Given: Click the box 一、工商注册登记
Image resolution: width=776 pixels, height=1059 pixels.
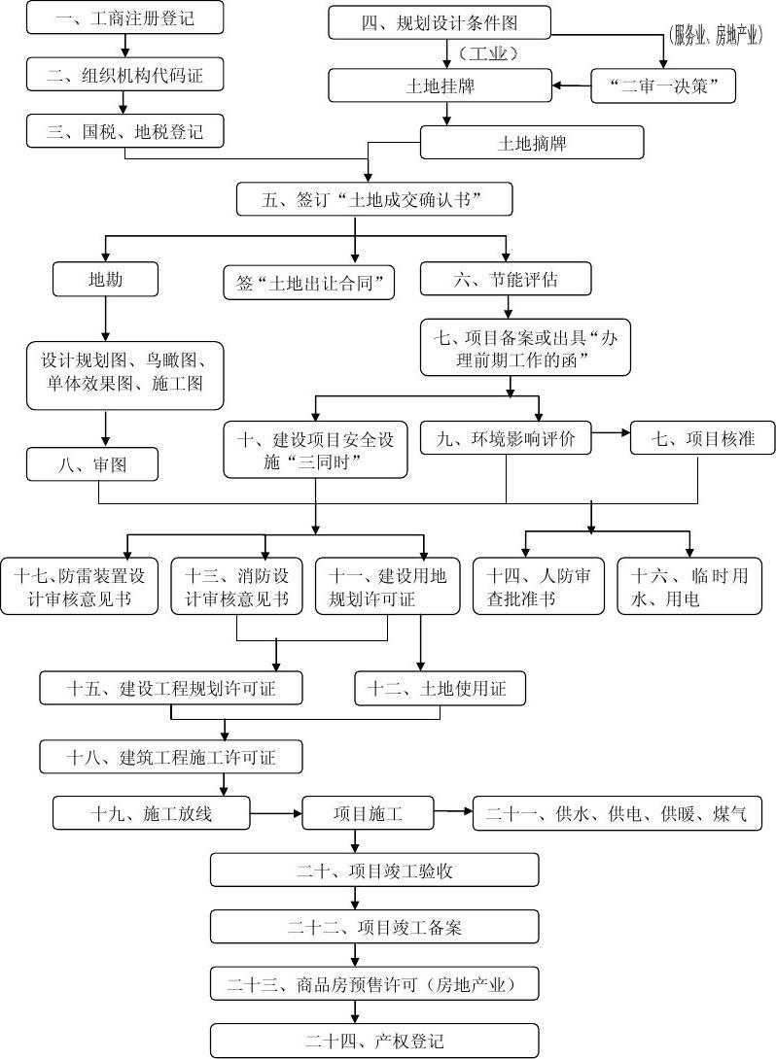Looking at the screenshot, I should pyautogui.click(x=124, y=18).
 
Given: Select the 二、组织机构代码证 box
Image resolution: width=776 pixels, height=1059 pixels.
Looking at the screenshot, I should pyautogui.click(x=124, y=74).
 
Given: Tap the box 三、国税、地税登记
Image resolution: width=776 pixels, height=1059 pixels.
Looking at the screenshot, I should pyautogui.click(x=124, y=131).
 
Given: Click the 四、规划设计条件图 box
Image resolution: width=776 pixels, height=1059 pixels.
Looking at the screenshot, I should pyautogui.click(x=440, y=23).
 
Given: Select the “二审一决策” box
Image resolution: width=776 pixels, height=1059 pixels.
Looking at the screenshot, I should pyautogui.click(x=663, y=86).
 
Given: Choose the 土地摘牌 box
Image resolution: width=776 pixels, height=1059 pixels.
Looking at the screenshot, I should pyautogui.click(x=532, y=143).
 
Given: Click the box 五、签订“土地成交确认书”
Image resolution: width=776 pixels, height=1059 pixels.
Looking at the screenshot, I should pyautogui.click(x=373, y=200).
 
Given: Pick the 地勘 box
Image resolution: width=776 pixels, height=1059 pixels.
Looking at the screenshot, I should pyautogui.click(x=105, y=280).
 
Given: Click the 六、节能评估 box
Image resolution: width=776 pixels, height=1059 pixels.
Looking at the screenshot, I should pyautogui.click(x=506, y=280).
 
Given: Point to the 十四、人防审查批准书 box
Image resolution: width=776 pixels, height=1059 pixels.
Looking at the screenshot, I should pyautogui.click(x=538, y=587).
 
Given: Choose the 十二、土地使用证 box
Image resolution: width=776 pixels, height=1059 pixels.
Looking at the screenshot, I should pyautogui.click(x=440, y=689).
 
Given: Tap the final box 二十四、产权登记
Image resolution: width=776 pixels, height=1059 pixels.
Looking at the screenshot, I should pyautogui.click(x=374, y=1041).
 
